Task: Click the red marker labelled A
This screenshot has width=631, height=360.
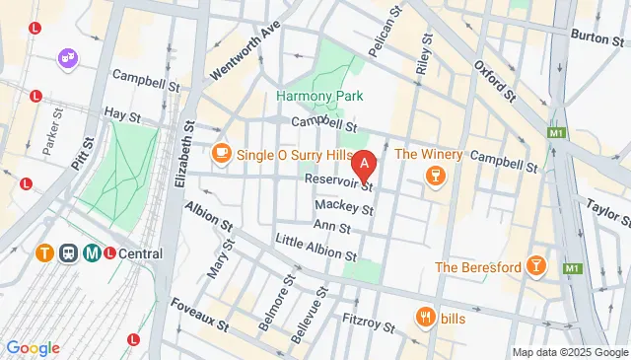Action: (365, 163)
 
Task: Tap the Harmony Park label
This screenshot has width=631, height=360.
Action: (319, 96)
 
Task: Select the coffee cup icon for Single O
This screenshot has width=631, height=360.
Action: (220, 152)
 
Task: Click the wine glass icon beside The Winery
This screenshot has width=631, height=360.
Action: (434, 176)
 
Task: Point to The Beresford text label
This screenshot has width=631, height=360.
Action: (477, 266)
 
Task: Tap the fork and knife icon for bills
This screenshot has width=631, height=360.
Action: (427, 317)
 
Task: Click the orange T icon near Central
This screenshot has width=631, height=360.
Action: (44, 252)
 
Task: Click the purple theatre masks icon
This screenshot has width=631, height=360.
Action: (69, 59)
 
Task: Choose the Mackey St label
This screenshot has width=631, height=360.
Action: (344, 208)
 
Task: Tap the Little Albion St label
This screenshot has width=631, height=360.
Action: (315, 247)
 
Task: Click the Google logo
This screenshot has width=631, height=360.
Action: (33, 347)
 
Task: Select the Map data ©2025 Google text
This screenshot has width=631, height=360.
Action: (569, 352)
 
